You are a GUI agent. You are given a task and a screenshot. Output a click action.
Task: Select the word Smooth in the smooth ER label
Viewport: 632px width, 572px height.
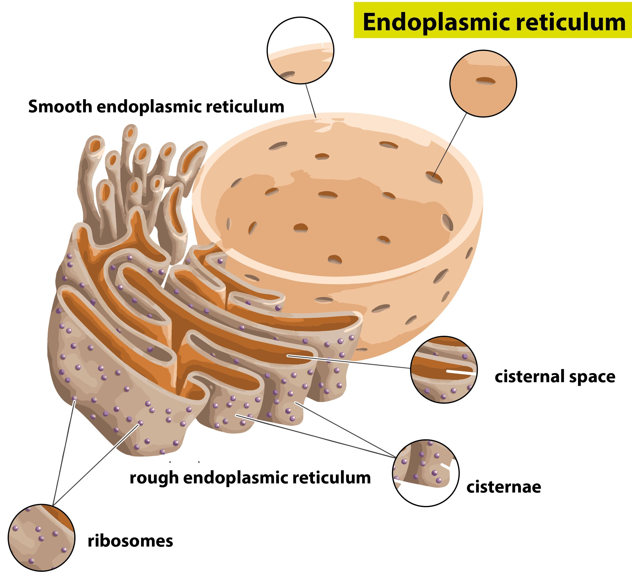pos(60,107)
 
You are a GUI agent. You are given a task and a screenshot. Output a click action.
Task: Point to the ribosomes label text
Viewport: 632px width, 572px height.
pos(130,541)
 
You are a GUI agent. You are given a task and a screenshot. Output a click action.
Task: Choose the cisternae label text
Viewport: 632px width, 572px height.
pos(504,487)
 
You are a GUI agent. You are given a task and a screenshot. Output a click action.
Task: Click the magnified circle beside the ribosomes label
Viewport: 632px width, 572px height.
pos(41,538)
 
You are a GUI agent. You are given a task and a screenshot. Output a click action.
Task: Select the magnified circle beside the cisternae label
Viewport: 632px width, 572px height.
pos(426,473)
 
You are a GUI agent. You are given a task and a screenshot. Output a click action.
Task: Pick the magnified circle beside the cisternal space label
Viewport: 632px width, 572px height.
pos(444,370)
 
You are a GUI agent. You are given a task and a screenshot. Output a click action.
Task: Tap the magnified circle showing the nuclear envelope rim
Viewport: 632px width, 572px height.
pos(300,51)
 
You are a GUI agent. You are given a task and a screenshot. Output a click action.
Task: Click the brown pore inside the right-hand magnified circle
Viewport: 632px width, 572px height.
pos(485,81)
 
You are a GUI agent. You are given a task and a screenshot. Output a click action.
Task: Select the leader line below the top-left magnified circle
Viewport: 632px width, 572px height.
pos(311,100)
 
